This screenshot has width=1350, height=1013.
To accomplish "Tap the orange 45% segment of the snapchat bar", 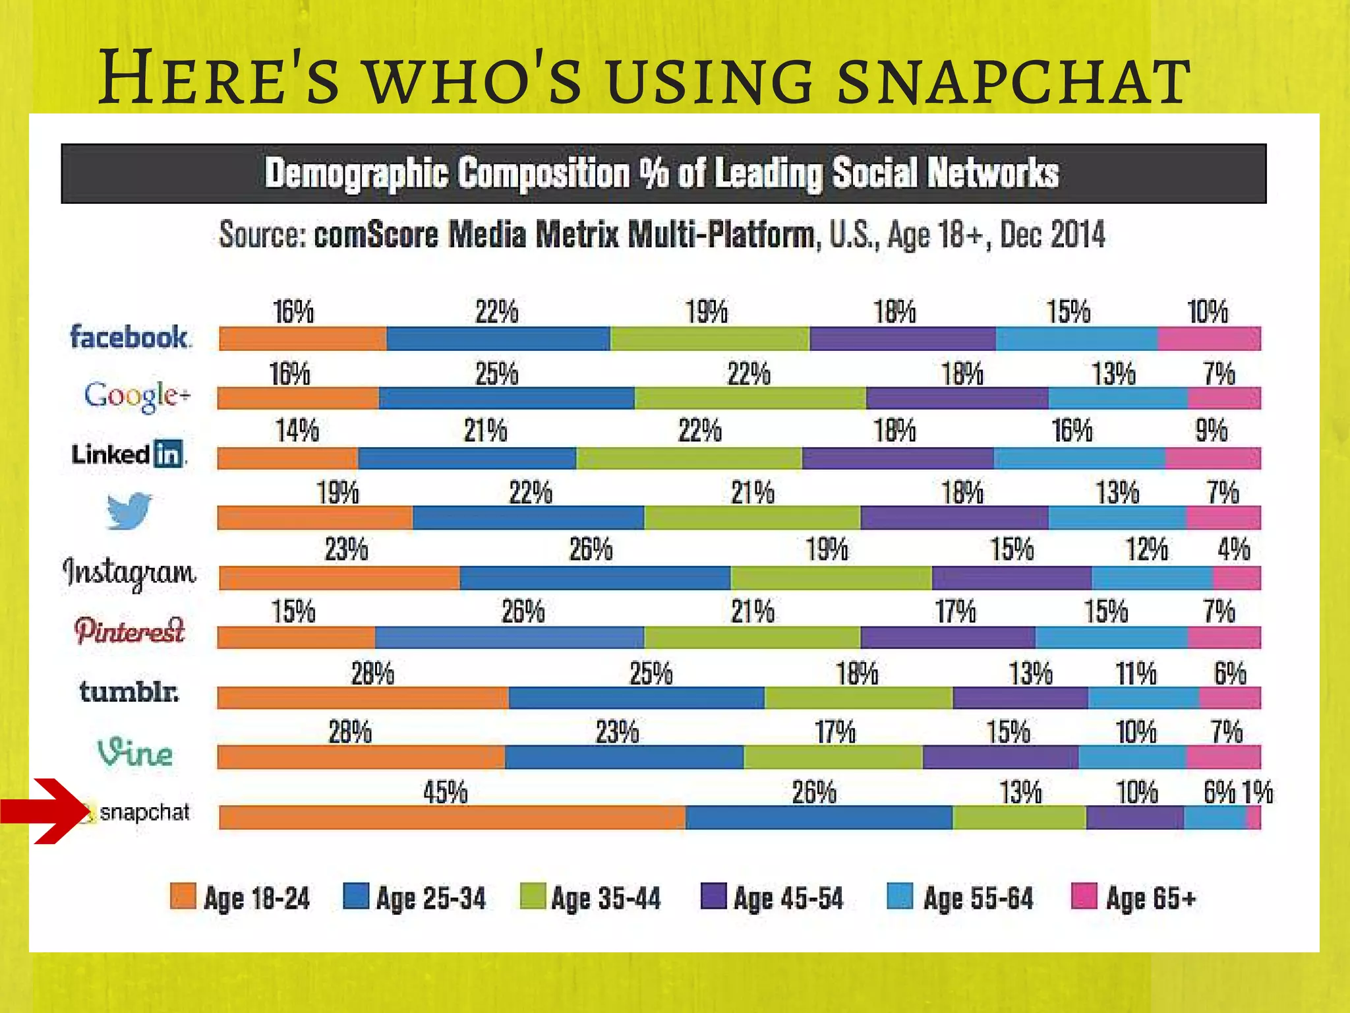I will [452, 818].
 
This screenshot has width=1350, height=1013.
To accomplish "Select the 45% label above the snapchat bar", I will [445, 792].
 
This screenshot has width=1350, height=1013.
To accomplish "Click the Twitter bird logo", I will [129, 510].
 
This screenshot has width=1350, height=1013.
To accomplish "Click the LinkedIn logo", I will [128, 454].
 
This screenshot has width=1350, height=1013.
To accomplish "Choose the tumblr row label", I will [129, 692].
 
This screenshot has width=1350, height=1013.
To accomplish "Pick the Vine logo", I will [135, 752].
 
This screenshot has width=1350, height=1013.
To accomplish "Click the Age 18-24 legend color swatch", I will [183, 896].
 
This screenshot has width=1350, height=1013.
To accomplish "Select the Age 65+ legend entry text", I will [1150, 898].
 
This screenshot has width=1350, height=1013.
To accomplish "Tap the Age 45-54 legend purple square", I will [713, 896].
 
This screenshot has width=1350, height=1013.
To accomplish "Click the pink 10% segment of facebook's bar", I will [1209, 338].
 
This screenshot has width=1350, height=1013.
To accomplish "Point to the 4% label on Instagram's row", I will [1233, 549].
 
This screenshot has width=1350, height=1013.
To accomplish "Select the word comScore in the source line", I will [376, 235].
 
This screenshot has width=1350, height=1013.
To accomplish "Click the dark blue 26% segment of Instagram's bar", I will [595, 578].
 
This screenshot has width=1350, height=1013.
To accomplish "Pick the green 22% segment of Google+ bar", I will [749, 398].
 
